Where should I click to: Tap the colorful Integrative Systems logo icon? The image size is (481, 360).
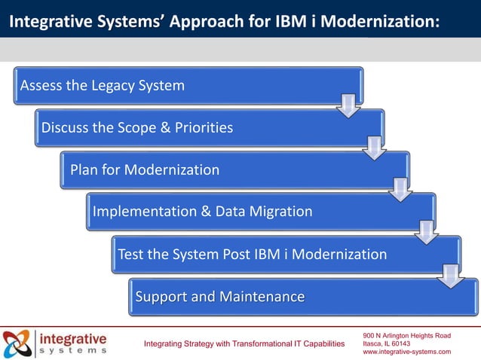click(17, 343)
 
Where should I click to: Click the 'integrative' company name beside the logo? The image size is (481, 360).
click(73, 337)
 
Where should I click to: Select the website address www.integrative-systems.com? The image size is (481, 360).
click(406, 352)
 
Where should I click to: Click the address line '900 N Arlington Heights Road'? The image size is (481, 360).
click(406, 334)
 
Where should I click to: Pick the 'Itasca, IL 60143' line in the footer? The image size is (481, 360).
click(387, 343)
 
